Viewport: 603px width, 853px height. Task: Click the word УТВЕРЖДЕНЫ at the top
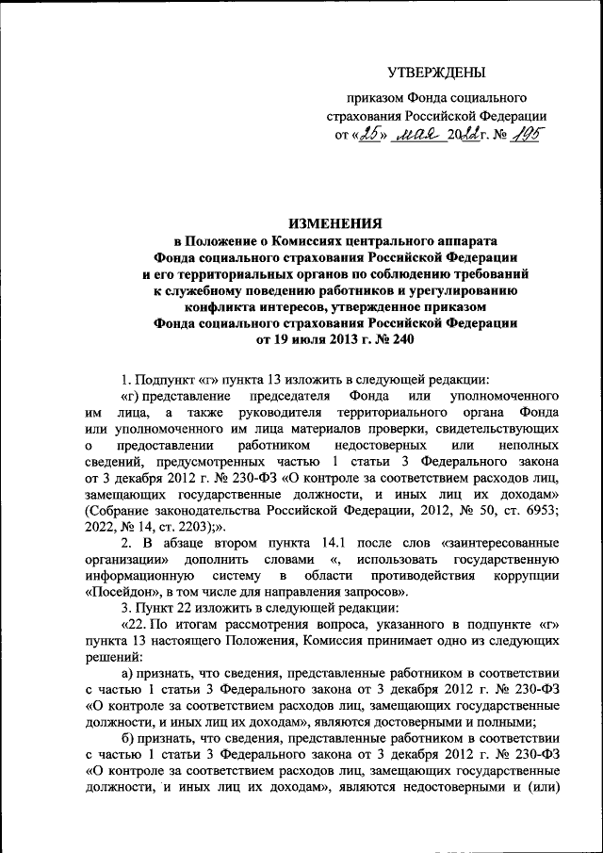(437, 72)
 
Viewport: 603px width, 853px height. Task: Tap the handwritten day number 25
(369, 134)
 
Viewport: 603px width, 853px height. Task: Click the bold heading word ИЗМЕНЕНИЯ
(334, 223)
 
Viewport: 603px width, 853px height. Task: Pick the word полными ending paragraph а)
(538, 721)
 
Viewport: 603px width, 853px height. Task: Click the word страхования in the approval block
(362, 115)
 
